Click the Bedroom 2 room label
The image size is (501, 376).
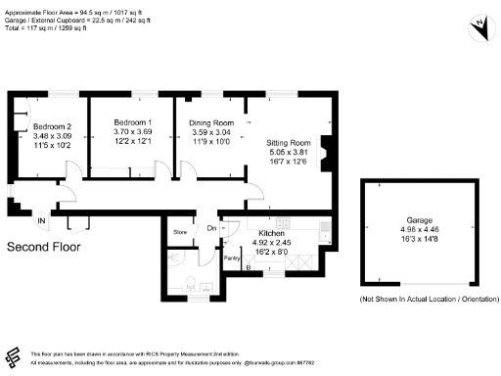[53, 127]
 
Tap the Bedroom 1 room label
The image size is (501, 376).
[131, 119]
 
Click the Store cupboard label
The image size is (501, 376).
[180, 232]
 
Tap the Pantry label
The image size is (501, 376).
[232, 258]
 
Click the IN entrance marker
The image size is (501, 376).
[40, 221]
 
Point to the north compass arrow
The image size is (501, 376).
[480, 26]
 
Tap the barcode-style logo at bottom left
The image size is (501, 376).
[13, 355]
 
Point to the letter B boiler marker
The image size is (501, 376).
[247, 266]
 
